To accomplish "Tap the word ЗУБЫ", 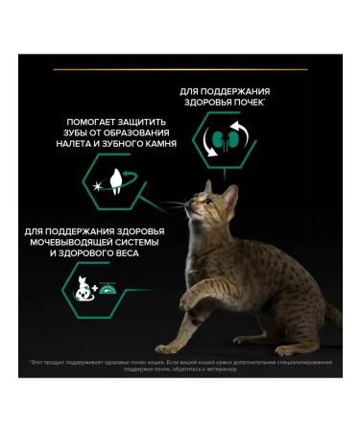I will click(x=70, y=132).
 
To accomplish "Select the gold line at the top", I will click(x=180, y=69).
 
